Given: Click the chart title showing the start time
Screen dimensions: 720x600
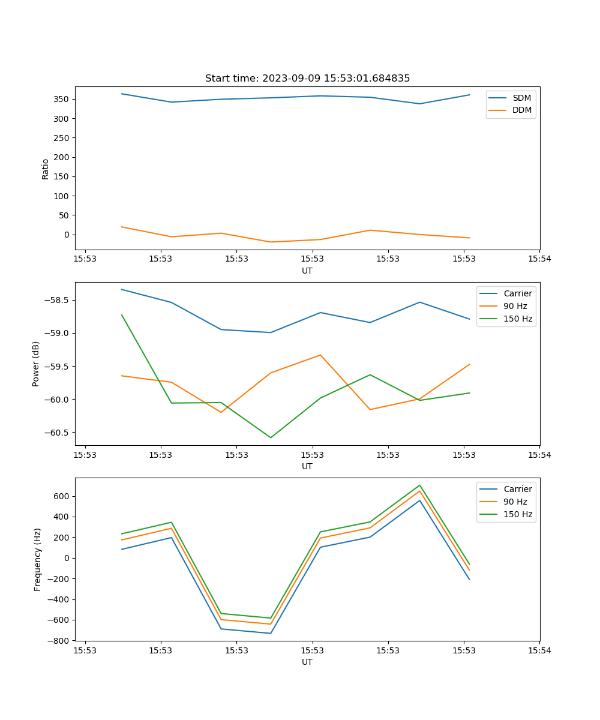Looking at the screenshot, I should pos(307,79).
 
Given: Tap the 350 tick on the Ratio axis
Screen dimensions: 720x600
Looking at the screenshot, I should pos(63,99).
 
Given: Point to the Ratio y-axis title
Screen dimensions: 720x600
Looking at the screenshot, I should pos(46,169).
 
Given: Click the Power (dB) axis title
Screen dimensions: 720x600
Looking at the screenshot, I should pos(36,364).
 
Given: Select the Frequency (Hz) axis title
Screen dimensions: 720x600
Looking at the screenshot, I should pos(37,559).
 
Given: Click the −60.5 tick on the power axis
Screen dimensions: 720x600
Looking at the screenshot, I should pos(59,433).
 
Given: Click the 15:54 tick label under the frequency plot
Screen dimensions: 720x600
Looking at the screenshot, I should pos(539,650).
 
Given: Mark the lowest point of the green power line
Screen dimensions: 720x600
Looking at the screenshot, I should pos(271,437).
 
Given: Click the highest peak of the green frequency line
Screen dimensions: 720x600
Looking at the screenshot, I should pos(419,485).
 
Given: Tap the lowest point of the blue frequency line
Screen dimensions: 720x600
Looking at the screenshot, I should pos(271,633).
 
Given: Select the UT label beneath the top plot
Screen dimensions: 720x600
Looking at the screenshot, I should pos(307,271).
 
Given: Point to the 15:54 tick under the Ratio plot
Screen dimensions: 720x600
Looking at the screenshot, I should pos(539,259).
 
